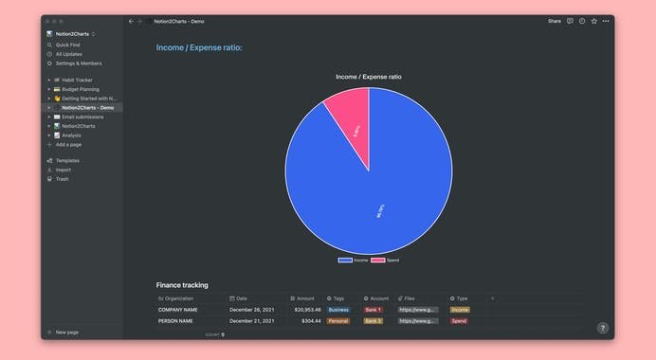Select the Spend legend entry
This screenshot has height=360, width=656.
(x=386, y=260)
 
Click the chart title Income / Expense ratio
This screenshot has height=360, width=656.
(x=369, y=77)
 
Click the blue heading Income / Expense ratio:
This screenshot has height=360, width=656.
(x=199, y=47)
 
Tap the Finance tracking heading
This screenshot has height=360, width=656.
(x=182, y=285)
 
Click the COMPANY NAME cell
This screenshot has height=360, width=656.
(x=178, y=310)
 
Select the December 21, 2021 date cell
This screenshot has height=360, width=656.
(x=251, y=321)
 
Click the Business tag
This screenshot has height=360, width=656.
(x=338, y=310)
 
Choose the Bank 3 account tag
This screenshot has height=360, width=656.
(x=374, y=321)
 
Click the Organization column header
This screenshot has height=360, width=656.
(x=178, y=298)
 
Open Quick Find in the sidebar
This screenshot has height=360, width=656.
(x=68, y=45)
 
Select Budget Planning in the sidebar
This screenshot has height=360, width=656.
(x=81, y=89)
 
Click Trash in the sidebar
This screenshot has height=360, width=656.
(x=62, y=179)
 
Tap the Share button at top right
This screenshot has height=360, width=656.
(x=555, y=21)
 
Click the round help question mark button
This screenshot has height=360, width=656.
(x=602, y=328)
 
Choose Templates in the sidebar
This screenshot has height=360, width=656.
(x=67, y=161)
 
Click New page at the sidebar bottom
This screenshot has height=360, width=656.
(x=66, y=333)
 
